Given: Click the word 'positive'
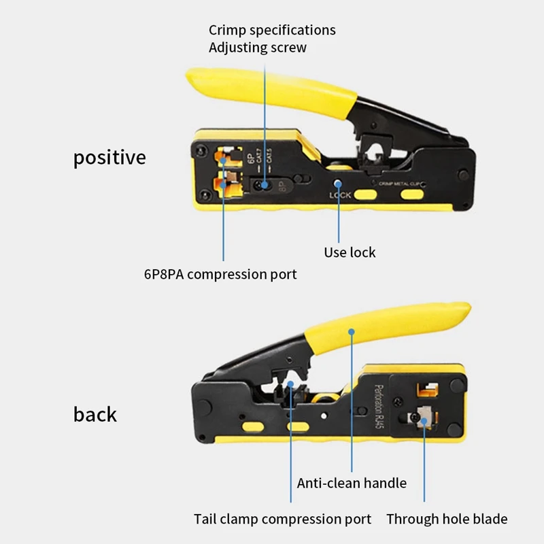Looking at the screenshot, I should [109, 158].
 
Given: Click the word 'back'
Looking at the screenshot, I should [95, 414].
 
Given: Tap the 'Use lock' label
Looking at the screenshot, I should [350, 252].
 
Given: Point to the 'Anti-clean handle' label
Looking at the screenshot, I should [352, 483].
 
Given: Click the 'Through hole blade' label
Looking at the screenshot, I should [447, 519].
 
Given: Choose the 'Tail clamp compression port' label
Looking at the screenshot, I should [282, 519].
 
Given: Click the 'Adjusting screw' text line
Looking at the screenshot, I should [257, 48].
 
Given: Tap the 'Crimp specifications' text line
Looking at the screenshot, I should [272, 30].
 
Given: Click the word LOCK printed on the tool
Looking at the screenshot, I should [339, 195].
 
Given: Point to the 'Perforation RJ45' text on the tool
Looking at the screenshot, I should [379, 406].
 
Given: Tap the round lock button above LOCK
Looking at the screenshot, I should [339, 182].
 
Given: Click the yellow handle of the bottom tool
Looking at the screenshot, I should [381, 330].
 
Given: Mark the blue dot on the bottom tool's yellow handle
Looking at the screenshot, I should [352, 333].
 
